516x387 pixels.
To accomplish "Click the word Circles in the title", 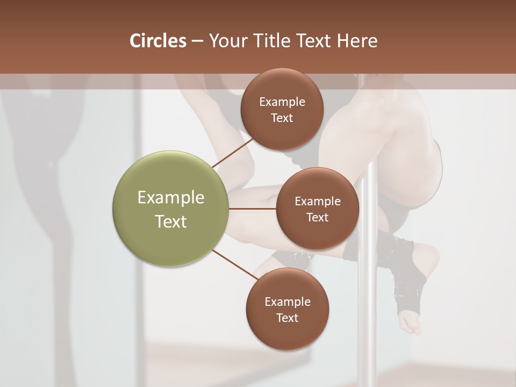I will [157, 41].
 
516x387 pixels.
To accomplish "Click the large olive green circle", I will [170, 209].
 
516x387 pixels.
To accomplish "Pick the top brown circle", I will [282, 109].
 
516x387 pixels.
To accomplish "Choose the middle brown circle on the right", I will [317, 209].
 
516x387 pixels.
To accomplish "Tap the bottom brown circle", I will [287, 309].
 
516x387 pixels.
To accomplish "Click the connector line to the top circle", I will [233, 153].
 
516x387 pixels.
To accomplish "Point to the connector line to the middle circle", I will [253, 208].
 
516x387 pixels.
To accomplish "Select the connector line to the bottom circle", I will [235, 265].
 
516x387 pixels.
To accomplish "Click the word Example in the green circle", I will [171, 197].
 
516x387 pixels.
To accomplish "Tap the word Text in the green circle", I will [171, 221].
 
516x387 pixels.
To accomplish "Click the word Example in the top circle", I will [282, 102].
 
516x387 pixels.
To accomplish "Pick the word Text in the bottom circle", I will [287, 318].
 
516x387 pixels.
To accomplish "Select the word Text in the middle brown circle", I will [317, 217].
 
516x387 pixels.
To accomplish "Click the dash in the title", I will [197, 41].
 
